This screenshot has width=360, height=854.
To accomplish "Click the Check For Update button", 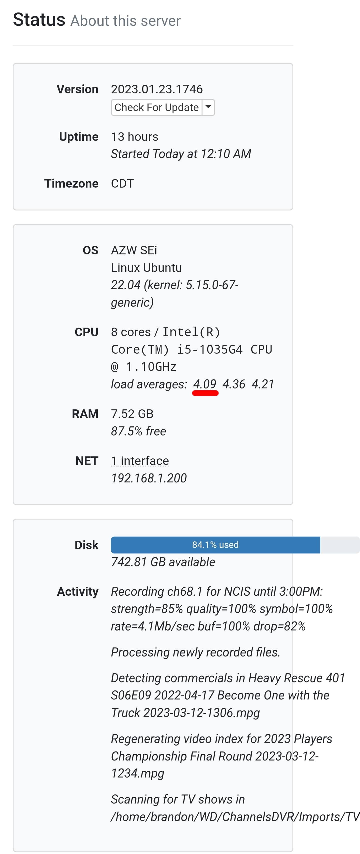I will [156, 108].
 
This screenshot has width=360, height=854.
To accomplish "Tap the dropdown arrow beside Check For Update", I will [208, 107].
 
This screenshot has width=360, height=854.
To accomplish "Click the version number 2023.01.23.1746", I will [157, 89].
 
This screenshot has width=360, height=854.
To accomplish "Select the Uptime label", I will [78, 137].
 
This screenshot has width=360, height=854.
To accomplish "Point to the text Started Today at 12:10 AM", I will [181, 154].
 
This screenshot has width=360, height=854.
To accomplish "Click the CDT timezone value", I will [122, 184].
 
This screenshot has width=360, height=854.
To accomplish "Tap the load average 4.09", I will [204, 384].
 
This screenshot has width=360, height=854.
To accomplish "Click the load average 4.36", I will [234, 384].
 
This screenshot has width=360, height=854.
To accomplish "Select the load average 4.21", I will [263, 384].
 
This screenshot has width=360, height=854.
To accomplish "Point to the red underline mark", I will [205, 393].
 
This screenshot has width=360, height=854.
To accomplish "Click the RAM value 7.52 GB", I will [132, 414].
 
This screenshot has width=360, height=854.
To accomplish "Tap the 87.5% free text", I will [138, 431].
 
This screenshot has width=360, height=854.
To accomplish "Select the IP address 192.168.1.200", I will [149, 478].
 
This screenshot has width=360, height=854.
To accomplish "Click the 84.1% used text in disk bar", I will [215, 545].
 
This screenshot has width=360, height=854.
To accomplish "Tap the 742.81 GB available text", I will [163, 562].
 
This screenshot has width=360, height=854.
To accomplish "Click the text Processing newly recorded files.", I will [195, 652].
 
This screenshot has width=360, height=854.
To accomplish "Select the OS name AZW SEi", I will [134, 250].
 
